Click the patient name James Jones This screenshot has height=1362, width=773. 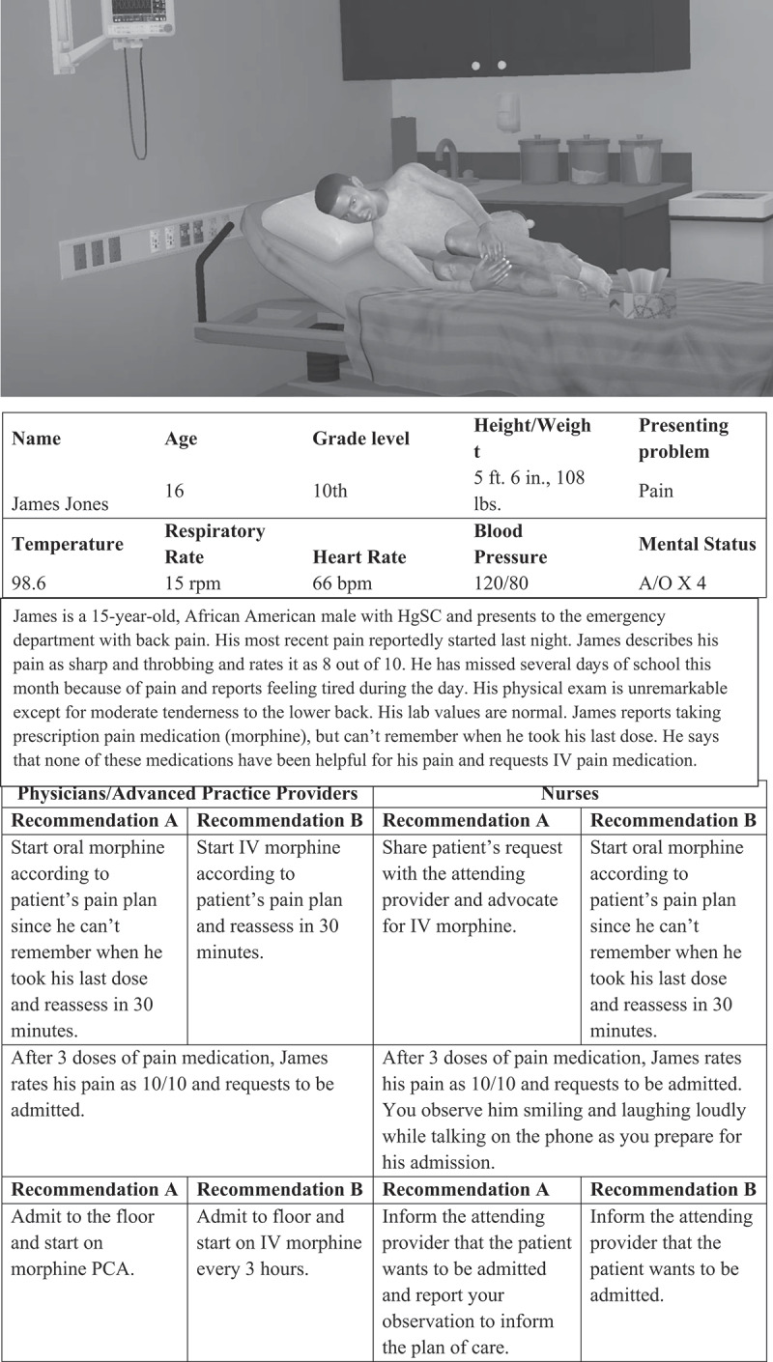(x=60, y=503)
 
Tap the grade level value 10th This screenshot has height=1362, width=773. (x=329, y=491)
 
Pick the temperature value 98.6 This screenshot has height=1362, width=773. (x=33, y=583)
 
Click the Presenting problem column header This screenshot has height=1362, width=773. (x=683, y=439)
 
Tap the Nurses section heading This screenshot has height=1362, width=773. (x=570, y=794)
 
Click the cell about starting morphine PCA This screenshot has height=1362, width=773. (x=94, y=1242)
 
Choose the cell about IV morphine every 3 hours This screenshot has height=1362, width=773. (x=279, y=1242)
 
